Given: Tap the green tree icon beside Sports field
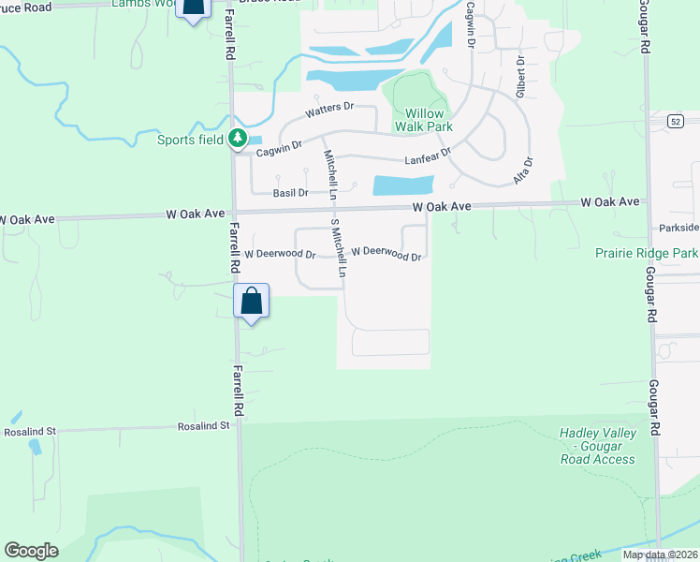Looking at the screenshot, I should coord(239,139).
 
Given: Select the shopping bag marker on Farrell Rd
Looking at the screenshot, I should coord(251,303).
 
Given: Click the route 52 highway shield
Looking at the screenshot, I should coord(677,122).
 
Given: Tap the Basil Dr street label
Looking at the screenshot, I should coord(290,193).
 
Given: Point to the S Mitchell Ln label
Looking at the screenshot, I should coord(339,252).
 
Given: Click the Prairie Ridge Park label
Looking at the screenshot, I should coord(647,253).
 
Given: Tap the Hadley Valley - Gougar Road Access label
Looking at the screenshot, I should coord(598,446).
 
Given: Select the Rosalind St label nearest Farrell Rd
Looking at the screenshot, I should coord(204,426).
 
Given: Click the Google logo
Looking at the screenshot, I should coord(31,551).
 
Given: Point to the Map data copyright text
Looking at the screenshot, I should coord(661,555).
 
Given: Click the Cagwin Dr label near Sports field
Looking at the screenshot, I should coord(279,148).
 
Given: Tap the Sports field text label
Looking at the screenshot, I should coord(190,140).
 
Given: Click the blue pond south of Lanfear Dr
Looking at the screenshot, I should coord(403,185).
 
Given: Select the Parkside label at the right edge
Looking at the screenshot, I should coord(678,228).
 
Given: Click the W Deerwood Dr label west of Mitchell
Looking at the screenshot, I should coord(280,254).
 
